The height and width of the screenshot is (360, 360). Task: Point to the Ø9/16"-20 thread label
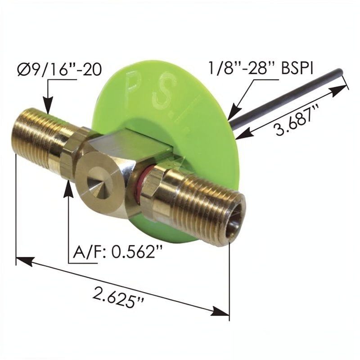pos(59,70)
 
